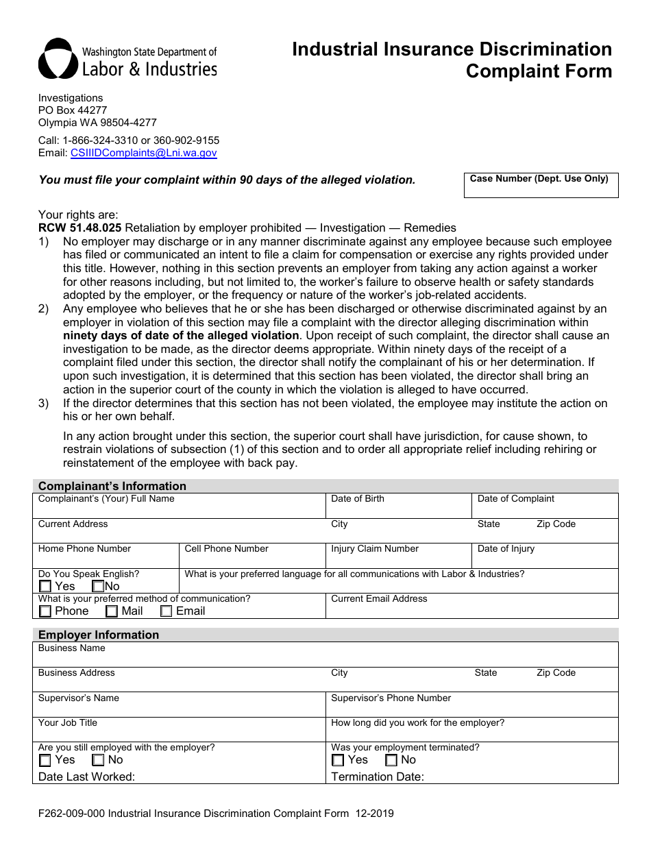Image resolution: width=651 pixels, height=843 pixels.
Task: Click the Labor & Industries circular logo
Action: [x=57, y=59]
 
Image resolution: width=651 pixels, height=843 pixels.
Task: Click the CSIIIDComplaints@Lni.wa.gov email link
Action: [x=143, y=154]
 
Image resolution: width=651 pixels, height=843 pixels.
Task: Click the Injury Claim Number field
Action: [x=398, y=559]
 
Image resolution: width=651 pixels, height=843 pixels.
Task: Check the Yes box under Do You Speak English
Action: [x=45, y=587]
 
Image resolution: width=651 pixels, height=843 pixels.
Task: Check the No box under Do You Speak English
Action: [x=98, y=587]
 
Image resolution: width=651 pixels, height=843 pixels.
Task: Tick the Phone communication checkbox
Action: [x=45, y=611]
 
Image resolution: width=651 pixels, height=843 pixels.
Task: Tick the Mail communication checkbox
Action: [x=112, y=611]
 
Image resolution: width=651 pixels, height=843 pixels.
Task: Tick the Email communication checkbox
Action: [x=167, y=611]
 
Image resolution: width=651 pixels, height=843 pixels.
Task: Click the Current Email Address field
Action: [x=471, y=609]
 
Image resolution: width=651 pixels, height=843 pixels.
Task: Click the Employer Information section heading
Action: [x=99, y=635]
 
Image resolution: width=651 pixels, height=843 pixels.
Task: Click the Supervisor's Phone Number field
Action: [x=471, y=708]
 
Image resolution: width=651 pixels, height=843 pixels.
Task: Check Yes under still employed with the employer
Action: [x=45, y=760]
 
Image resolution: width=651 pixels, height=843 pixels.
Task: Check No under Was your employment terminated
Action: [x=391, y=760]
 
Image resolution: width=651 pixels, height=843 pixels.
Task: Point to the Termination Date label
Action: [x=378, y=777]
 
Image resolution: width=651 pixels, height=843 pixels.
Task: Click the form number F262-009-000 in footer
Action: [x=71, y=814]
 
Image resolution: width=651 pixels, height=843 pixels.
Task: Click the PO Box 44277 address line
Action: [x=73, y=110]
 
